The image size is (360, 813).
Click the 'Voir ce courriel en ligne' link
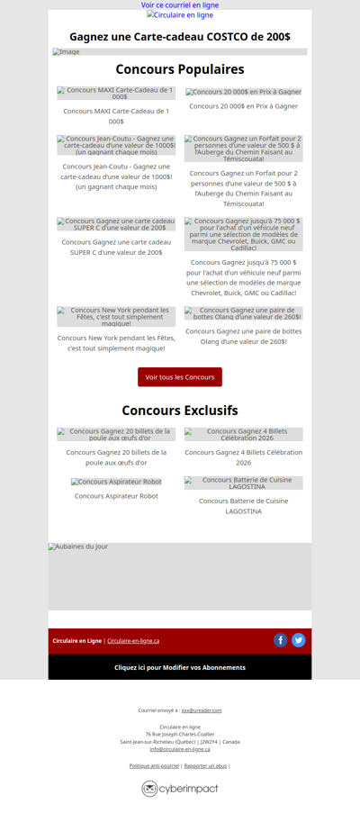(180, 5)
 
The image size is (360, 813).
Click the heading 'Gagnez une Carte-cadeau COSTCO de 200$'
(180, 37)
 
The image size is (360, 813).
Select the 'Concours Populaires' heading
(180, 69)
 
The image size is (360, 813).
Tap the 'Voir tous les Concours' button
(180, 377)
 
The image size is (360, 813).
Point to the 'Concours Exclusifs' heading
(180, 411)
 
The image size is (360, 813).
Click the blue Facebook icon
(281, 640)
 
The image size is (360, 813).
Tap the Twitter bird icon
(299, 640)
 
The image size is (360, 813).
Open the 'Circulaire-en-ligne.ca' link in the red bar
(133, 641)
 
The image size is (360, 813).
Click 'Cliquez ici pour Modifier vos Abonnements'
(180, 667)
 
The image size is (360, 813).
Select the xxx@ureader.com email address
(202, 710)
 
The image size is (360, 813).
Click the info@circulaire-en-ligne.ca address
(180, 749)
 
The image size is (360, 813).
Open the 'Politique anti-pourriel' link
(154, 765)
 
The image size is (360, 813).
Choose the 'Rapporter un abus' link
(205, 765)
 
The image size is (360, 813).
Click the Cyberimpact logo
(180, 789)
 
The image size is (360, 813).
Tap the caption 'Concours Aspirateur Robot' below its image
(116, 496)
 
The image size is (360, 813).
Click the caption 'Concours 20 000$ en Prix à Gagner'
(243, 106)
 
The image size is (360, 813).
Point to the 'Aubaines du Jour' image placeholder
(180, 576)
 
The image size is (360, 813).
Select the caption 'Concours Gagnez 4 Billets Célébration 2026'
(243, 456)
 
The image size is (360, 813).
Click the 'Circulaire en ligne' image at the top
(180, 15)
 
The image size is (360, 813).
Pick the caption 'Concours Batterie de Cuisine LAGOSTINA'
(243, 506)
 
